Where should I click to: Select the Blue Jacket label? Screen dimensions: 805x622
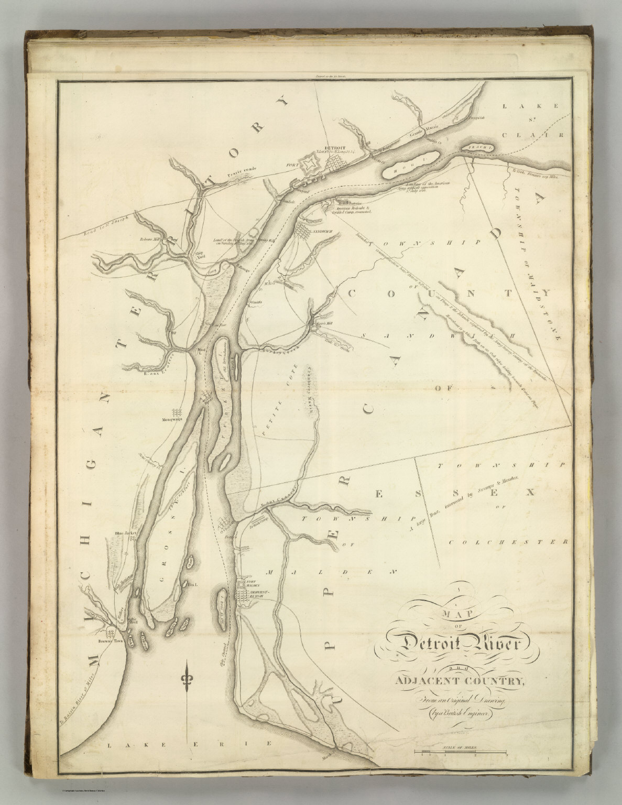(x=125, y=534)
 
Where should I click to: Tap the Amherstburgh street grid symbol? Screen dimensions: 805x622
(x=245, y=596)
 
